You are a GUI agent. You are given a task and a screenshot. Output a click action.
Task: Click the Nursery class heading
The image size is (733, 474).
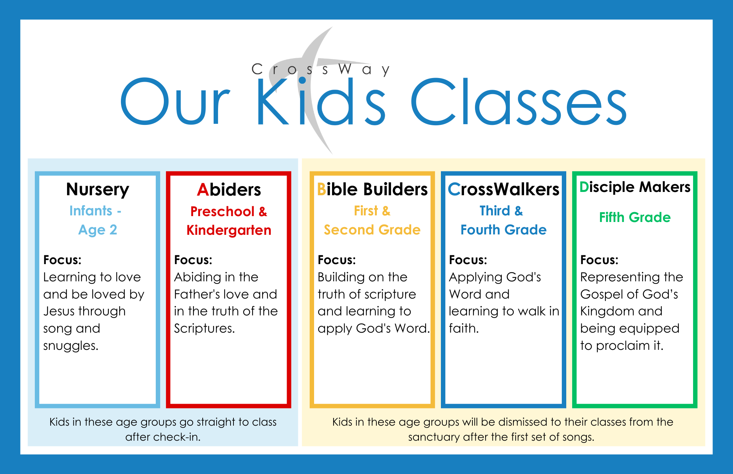tap(97, 190)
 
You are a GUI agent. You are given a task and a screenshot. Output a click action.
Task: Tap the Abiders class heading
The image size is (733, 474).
tap(229, 190)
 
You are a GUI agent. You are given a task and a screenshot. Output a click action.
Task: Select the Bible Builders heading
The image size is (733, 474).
tap(372, 189)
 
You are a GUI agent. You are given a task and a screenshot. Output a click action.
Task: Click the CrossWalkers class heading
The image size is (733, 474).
tap(504, 189)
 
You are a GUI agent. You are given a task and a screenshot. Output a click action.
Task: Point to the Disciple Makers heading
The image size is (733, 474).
tap(635, 187)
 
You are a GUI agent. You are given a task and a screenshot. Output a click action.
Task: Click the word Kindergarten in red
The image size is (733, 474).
tap(229, 230)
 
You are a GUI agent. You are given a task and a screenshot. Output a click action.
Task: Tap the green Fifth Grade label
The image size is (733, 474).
tap(635, 217)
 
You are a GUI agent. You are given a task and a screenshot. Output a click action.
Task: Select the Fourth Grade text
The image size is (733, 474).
tap(504, 230)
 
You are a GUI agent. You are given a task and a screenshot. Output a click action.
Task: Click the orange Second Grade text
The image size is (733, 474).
tap(372, 230)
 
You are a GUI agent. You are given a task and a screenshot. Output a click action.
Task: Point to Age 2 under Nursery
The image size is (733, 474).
tap(97, 230)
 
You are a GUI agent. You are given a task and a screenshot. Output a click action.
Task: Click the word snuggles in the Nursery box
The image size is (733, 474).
tap(70, 345)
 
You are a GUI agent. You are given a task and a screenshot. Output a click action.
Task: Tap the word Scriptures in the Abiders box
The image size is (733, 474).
tap(204, 328)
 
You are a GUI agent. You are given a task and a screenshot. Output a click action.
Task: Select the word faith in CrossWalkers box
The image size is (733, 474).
tap(463, 328)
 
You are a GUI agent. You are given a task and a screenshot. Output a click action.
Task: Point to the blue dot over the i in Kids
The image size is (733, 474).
tap(302, 80)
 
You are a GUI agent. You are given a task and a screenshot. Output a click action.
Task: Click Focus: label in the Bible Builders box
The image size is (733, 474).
tap(336, 260)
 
